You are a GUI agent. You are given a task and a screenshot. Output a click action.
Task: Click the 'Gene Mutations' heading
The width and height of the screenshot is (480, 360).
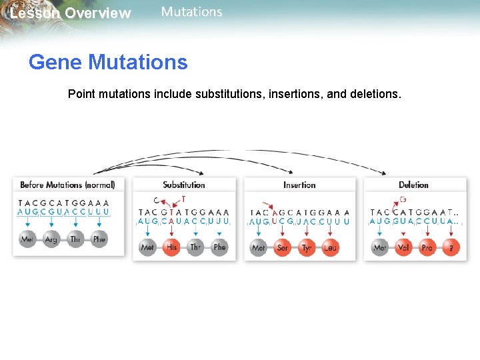tap(108, 63)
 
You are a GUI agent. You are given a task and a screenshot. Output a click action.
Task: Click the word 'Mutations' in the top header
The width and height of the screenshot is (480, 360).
tap(192, 12)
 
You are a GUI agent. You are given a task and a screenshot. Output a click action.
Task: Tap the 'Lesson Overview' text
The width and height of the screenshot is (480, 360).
tap(71, 13)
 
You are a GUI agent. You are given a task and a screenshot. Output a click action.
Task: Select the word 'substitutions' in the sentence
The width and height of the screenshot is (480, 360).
tap(227, 94)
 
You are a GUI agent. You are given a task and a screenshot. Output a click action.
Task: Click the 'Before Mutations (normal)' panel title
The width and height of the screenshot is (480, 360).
tap(67, 185)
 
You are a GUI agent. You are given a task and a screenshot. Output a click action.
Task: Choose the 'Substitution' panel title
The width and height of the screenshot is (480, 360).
tap(184, 185)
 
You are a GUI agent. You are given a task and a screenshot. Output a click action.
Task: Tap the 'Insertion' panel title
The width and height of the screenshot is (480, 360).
tap(299, 185)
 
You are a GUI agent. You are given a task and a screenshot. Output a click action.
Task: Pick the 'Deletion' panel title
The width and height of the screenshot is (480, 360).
tap(413, 185)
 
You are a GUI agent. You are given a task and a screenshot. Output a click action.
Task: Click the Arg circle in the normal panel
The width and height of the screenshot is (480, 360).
tap(51, 239)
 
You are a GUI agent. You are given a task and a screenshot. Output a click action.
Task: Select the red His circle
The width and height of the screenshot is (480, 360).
tap(172, 247)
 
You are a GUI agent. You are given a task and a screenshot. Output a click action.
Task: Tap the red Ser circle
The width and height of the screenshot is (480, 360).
tap(283, 247)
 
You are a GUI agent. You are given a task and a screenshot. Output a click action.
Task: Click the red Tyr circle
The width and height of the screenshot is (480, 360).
tap(307, 247)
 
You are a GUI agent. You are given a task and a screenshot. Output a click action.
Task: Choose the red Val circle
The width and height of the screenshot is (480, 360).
tap(403, 247)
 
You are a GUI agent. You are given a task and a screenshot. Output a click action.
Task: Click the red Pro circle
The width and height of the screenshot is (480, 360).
tap(427, 247)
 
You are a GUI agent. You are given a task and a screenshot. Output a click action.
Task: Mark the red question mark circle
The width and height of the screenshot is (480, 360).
tap(451, 247)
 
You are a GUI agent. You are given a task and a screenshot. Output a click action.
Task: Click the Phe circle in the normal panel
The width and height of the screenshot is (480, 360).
tap(99, 239)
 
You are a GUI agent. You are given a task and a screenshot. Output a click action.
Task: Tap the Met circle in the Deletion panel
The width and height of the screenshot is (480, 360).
tap(380, 247)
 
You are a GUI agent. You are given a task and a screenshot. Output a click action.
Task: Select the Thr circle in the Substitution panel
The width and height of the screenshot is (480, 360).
tap(195, 247)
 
